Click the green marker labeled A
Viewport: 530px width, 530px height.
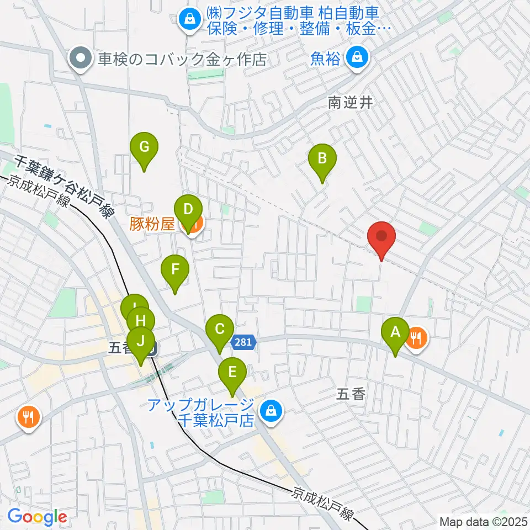(x=395, y=333)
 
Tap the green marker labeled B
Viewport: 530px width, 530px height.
(x=322, y=160)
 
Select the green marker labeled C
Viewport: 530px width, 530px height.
(x=219, y=330)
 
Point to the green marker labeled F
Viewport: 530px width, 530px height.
(x=175, y=271)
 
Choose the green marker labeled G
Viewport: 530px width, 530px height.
(x=144, y=148)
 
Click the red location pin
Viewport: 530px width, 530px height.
(x=381, y=236)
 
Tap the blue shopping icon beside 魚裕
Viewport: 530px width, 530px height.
(x=358, y=57)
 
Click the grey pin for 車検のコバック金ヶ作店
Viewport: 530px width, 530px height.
(x=81, y=59)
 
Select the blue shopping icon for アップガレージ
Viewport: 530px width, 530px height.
(x=271, y=411)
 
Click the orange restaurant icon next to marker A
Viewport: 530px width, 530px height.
(x=416, y=337)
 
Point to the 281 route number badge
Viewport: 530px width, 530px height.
(x=242, y=342)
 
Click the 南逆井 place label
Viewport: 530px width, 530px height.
(x=351, y=103)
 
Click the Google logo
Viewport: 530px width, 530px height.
(x=37, y=517)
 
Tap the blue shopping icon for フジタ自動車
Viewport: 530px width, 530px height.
(x=189, y=19)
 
